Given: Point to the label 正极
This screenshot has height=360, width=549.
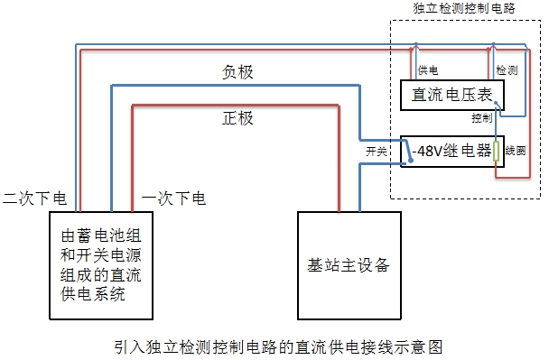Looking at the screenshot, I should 237,118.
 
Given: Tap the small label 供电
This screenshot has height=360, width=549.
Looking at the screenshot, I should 429,69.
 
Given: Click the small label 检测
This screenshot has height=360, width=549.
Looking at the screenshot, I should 507,69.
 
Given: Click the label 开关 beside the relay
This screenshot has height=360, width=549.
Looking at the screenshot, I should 376,152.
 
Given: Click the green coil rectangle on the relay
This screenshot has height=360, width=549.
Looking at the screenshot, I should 496,151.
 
